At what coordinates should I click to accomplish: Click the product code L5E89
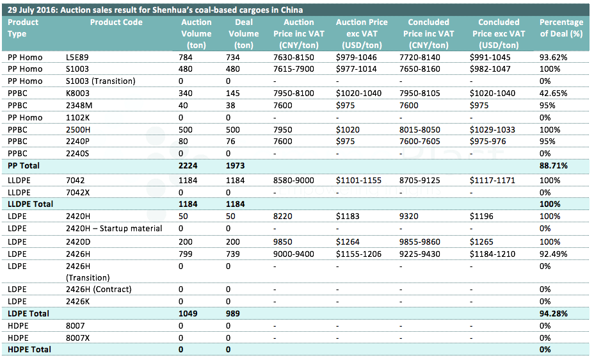pos(77,57)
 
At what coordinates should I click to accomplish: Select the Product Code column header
pos(116,22)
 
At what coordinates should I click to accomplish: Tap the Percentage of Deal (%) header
pos(561,28)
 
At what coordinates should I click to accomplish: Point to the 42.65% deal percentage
pos(554,94)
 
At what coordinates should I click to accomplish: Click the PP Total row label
pos(24,166)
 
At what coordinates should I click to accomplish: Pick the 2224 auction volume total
pos(188,166)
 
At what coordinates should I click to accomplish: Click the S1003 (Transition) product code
pos(100,81)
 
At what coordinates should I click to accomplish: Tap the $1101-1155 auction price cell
pos(358,181)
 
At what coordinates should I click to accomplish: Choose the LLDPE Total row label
pos(30,204)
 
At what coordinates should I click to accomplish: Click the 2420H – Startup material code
pos(114,229)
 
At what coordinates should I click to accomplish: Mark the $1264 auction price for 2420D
pos(348,241)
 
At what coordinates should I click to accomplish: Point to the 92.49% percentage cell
pos(554,254)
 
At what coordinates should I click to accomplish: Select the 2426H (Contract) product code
pos(99,289)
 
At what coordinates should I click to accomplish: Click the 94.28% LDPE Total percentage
pos(554,313)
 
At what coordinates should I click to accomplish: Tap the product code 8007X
pos(77,338)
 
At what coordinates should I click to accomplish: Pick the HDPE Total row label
pos(29,349)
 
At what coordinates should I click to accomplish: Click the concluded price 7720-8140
pos(420,57)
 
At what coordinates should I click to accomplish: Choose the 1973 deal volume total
pos(236,166)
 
